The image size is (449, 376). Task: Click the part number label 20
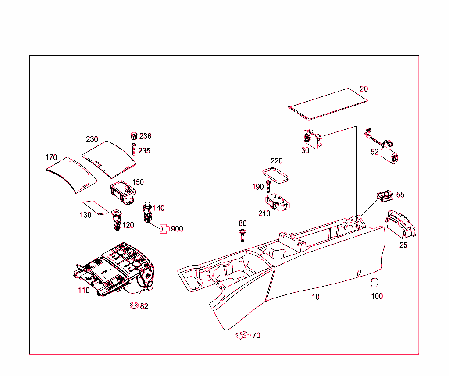point(364,89)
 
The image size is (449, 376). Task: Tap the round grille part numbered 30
point(313,138)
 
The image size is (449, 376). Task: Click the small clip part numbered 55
point(384,196)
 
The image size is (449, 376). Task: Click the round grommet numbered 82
point(134,305)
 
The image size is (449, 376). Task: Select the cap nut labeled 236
point(134,135)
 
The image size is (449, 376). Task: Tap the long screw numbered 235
point(134,149)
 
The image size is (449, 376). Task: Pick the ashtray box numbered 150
point(124,193)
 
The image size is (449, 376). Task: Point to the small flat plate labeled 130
point(96,207)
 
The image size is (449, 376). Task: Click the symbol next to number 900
point(164,229)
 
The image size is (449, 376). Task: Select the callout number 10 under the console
point(316,297)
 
